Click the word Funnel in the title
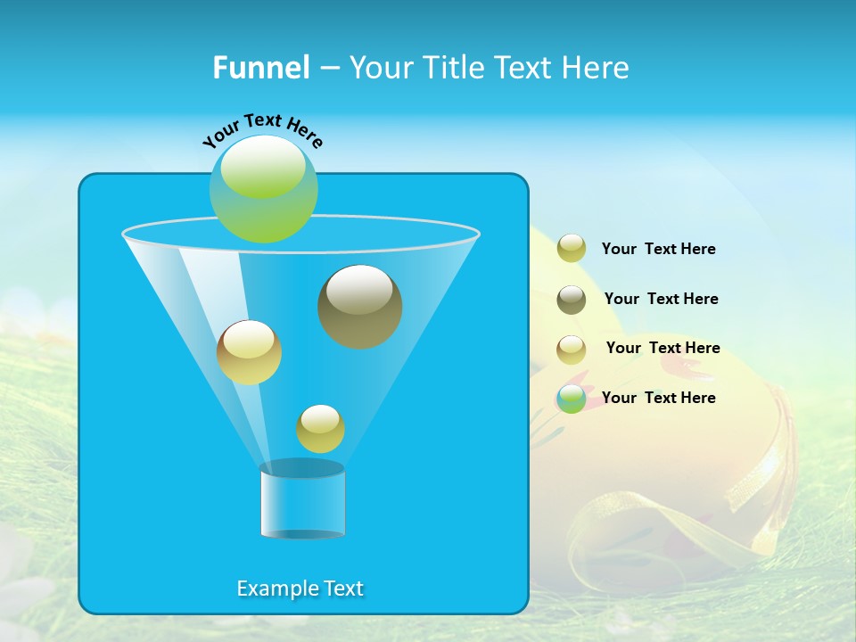[260, 68]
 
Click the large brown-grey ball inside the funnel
[359, 307]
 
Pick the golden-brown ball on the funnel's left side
[249, 352]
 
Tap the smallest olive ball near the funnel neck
[320, 429]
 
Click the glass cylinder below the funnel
[302, 502]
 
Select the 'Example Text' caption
[300, 588]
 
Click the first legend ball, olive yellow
[572, 248]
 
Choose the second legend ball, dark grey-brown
[572, 299]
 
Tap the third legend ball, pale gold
[572, 350]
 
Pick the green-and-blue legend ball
[572, 399]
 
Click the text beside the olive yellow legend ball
[658, 249]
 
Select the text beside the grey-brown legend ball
[661, 299]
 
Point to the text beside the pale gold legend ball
[663, 348]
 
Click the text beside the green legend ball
[658, 398]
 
